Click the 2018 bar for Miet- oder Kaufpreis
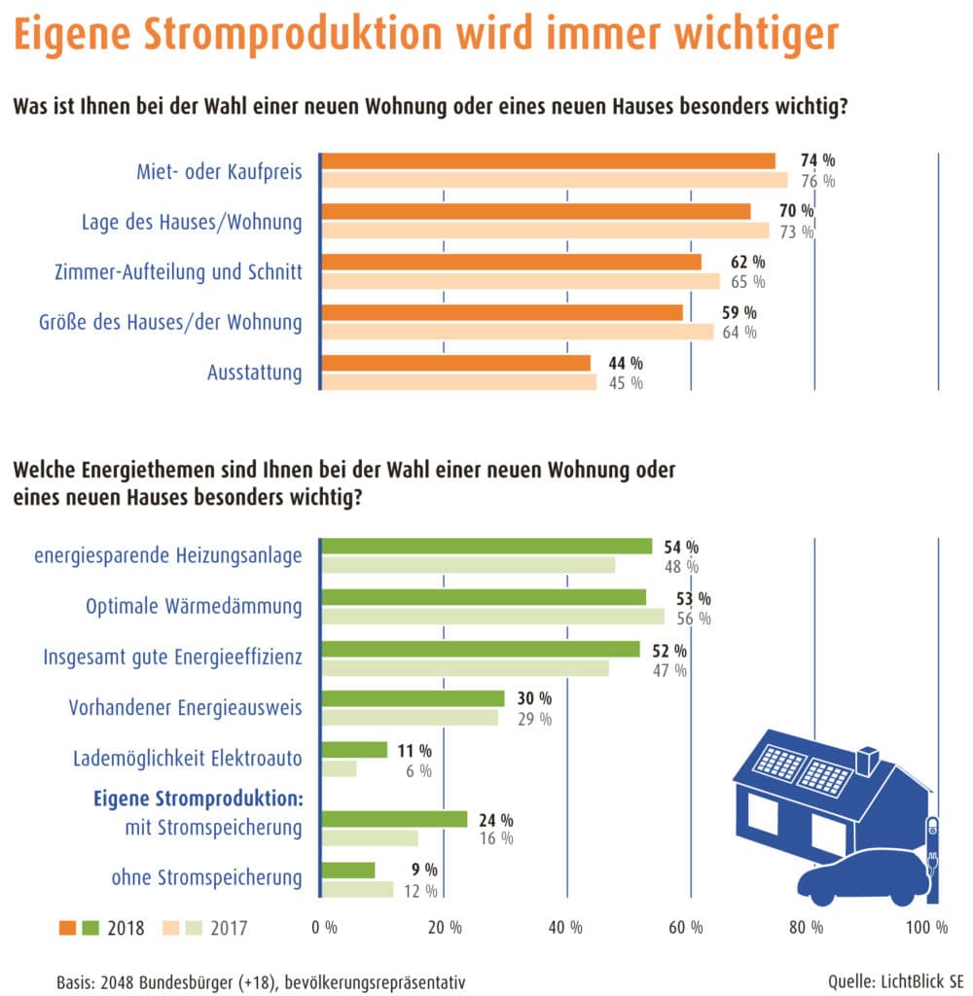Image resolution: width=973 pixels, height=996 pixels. (x=548, y=161)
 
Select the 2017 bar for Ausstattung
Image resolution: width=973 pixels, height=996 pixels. (x=458, y=382)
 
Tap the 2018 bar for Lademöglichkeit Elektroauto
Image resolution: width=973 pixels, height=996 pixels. (x=354, y=750)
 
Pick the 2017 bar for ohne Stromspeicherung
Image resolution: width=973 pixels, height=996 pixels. (x=357, y=889)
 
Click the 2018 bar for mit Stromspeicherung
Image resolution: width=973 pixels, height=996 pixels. (x=394, y=819)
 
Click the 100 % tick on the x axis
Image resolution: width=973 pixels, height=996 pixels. (x=926, y=928)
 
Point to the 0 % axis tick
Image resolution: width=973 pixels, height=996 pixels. (x=324, y=928)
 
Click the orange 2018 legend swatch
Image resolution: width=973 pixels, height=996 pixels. (x=70, y=928)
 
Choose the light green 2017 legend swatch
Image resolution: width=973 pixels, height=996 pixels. (x=187, y=928)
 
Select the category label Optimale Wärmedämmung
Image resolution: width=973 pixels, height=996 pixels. (x=194, y=607)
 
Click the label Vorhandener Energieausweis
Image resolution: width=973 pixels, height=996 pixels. (x=185, y=708)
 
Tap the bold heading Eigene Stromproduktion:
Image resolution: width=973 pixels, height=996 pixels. (x=198, y=799)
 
